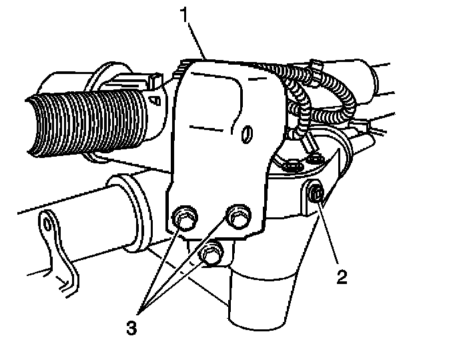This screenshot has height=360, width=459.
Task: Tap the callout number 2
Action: click(x=342, y=275)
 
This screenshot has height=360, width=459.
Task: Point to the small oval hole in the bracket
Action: click(x=248, y=134)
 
